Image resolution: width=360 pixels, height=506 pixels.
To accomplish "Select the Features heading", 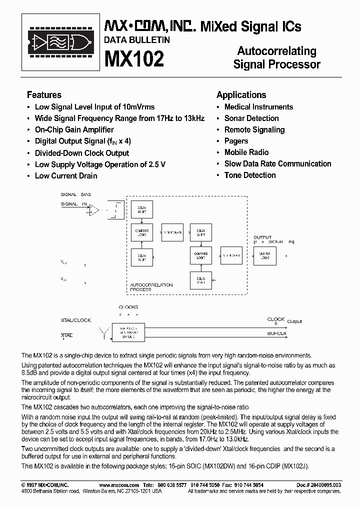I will pyautogui.click(x=44, y=94).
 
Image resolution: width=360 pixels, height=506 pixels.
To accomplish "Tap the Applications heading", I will pyautogui.click(x=241, y=94).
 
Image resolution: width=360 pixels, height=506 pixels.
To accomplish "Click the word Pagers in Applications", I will pyautogui.click(x=236, y=141).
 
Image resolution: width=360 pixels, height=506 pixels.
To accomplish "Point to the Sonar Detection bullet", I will pyautogui.click(x=251, y=118).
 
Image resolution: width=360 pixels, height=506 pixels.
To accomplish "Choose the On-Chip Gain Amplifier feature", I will pyautogui.click(x=74, y=129).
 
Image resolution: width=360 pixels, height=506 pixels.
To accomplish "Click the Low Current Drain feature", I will pyautogui.click(x=65, y=175).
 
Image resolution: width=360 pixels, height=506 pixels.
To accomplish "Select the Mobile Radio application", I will pyautogui.click(x=246, y=152).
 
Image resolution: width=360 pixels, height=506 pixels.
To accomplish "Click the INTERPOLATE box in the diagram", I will pyautogui.click(x=173, y=232).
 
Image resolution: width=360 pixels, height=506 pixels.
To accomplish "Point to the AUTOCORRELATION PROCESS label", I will pyautogui.click(x=151, y=287).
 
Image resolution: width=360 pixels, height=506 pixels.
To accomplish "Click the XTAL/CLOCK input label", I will pyautogui.click(x=76, y=320).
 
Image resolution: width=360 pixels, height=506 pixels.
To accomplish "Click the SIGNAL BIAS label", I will pyautogui.click(x=76, y=194).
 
